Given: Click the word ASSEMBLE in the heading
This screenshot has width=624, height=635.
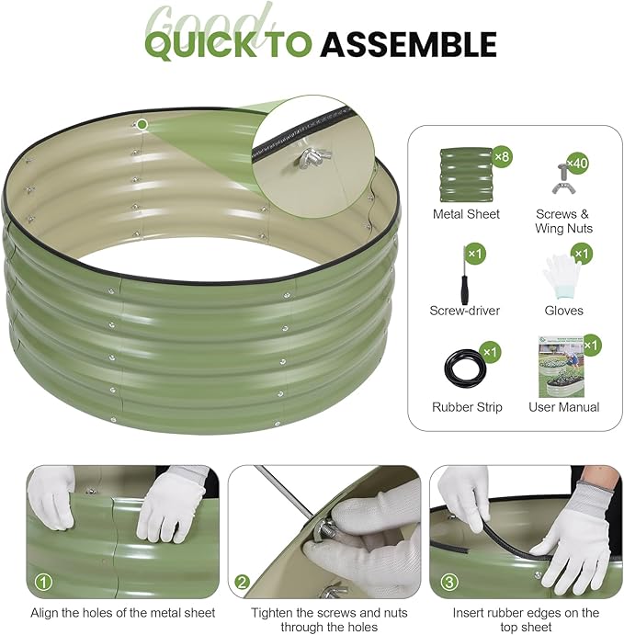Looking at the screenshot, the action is (x=409, y=44).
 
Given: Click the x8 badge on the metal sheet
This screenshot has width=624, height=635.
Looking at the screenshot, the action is (x=503, y=156).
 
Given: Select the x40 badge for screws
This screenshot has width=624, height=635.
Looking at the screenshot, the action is (x=577, y=164).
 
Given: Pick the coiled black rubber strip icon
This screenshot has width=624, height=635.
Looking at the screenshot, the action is (x=465, y=370).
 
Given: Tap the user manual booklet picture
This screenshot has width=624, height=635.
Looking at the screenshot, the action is (x=562, y=367).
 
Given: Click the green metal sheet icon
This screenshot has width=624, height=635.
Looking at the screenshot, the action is (x=466, y=175).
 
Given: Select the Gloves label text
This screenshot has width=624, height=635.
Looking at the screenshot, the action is (x=563, y=311).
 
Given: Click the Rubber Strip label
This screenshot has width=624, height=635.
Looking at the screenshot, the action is (x=467, y=407).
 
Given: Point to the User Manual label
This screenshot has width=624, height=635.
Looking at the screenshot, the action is (x=563, y=407).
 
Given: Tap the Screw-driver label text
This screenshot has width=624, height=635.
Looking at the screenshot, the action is (x=464, y=311).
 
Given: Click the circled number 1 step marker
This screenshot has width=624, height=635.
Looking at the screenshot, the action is (x=43, y=583).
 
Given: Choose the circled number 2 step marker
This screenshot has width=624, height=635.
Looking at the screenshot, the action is (x=243, y=583).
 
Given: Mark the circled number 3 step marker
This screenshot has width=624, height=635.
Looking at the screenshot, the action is (x=449, y=583).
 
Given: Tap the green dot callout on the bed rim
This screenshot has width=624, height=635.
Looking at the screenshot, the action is (x=142, y=124).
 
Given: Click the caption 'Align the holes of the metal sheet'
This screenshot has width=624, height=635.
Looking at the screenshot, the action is (x=123, y=613).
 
